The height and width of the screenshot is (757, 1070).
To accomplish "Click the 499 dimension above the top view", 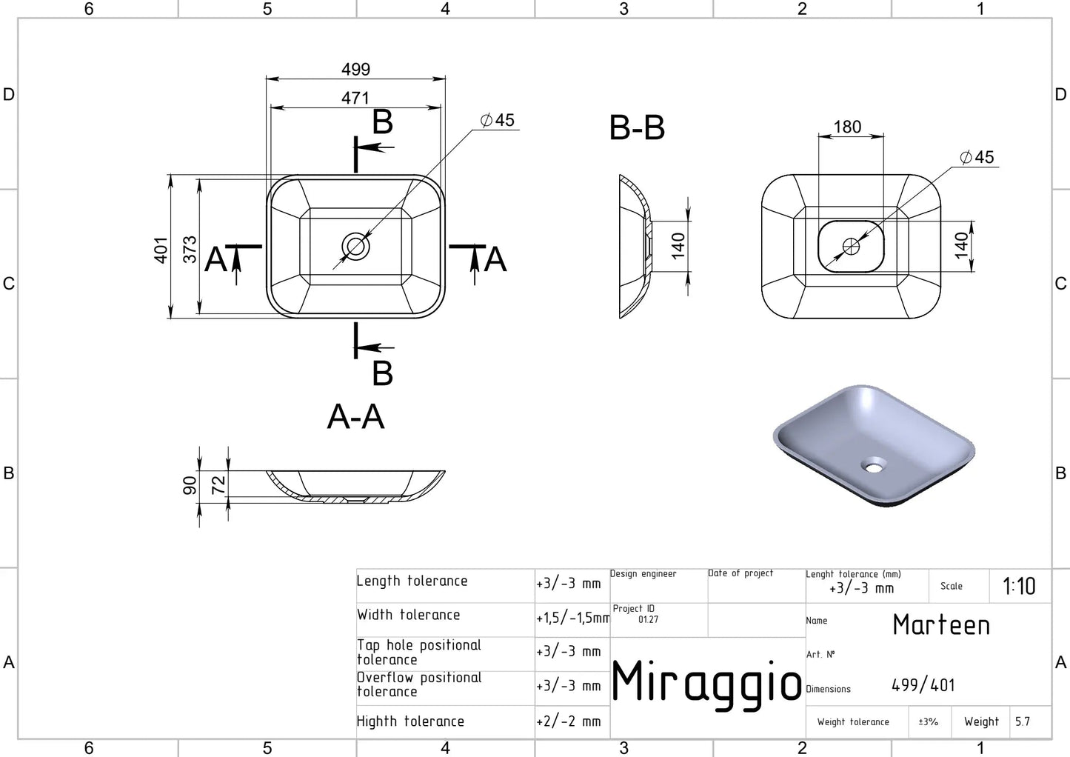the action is click(x=356, y=70).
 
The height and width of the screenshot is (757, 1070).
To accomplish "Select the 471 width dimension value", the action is click(x=355, y=98).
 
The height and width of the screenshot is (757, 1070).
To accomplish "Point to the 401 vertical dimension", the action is click(x=161, y=250).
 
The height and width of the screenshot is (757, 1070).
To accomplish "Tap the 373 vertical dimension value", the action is click(x=190, y=249).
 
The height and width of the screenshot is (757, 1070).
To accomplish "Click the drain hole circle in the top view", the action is click(x=356, y=247).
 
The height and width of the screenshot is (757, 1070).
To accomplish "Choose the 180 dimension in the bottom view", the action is click(x=847, y=127).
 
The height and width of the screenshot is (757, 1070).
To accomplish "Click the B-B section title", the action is click(x=637, y=127).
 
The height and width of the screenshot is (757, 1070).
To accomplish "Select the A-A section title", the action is click(x=355, y=417).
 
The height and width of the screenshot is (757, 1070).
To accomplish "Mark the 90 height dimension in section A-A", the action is click(x=190, y=485).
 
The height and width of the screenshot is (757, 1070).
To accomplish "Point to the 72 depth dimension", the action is click(x=218, y=485).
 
